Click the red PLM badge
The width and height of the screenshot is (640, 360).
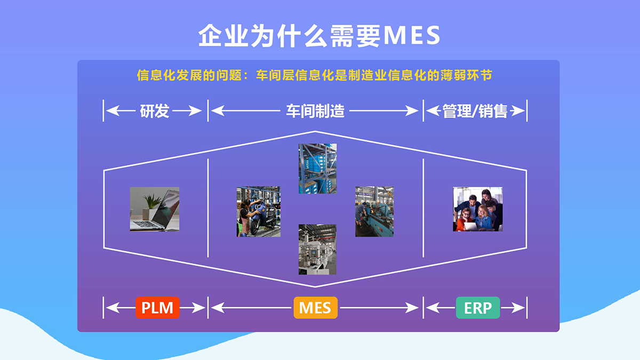pyautogui.click(x=157, y=308)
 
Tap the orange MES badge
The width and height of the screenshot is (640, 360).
pyautogui.click(x=315, y=308)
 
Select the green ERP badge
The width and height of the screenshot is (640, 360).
pyautogui.click(x=478, y=308)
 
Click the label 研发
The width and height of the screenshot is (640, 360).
pyautogui.click(x=154, y=111)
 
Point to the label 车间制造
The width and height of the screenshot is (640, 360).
pyautogui.click(x=315, y=111)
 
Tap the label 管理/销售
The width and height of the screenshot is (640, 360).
pyautogui.click(x=475, y=111)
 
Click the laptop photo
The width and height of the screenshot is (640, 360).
pyautogui.click(x=155, y=209)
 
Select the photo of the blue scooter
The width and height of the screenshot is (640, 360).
pyautogui.click(x=259, y=212)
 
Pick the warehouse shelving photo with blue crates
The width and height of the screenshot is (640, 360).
pyautogui.click(x=317, y=169)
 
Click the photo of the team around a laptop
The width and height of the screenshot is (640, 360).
pyautogui.click(x=478, y=209)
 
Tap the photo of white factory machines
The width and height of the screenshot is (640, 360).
pyautogui.click(x=317, y=250)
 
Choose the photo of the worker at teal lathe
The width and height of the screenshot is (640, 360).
pyautogui.click(x=374, y=212)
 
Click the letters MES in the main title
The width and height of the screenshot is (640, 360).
pyautogui.click(x=412, y=35)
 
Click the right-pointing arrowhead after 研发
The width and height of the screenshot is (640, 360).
pyautogui.click(x=195, y=110)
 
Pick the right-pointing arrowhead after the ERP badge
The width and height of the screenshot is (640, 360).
pyautogui.click(x=518, y=308)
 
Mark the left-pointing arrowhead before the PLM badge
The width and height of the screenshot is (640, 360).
pyautogui.click(x=113, y=308)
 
